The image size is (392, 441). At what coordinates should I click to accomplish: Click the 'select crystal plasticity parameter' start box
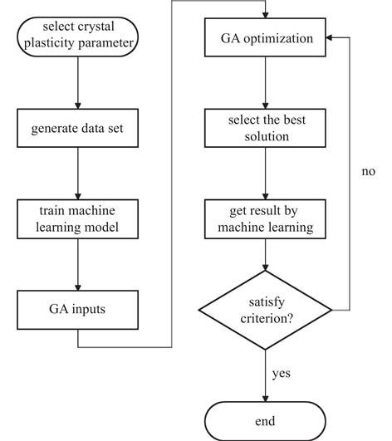(78, 37)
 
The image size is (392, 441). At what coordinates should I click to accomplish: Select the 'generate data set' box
(77, 128)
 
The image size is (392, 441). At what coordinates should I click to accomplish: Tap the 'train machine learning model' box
(77, 219)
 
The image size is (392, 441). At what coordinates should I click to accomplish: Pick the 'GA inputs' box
(77, 310)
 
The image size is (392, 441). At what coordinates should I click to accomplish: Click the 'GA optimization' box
(265, 37)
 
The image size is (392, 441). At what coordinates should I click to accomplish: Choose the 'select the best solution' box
(265, 128)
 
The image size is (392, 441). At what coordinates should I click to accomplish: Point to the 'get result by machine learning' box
(265, 219)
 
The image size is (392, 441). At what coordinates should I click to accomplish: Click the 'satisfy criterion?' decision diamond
(265, 310)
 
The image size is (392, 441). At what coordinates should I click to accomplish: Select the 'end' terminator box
(265, 421)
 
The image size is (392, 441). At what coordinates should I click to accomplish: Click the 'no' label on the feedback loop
(369, 171)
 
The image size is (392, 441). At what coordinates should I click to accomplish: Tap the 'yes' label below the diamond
(282, 374)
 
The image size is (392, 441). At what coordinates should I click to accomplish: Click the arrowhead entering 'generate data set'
(78, 105)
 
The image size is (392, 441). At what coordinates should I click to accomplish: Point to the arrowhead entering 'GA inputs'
(78, 287)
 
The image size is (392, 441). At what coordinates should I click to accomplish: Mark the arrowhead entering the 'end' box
(265, 399)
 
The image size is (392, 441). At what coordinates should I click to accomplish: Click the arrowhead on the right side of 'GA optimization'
(329, 37)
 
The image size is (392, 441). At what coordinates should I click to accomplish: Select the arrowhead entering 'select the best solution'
(265, 105)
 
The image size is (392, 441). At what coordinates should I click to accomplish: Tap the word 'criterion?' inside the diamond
(267, 319)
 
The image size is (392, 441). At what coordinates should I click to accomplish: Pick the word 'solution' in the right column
(267, 136)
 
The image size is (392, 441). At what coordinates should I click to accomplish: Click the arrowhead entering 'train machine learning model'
(78, 196)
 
